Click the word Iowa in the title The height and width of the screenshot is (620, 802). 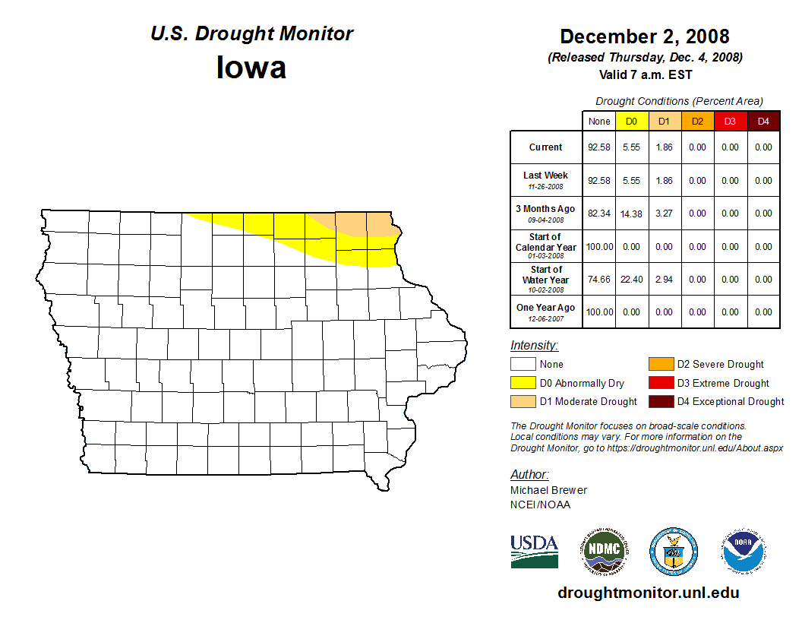(x=251, y=68)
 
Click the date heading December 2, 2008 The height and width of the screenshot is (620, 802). (x=644, y=36)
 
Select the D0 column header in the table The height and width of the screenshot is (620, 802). (x=631, y=121)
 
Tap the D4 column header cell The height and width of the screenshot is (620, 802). (x=763, y=121)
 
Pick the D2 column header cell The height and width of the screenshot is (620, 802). (x=696, y=121)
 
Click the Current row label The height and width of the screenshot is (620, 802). (x=546, y=147)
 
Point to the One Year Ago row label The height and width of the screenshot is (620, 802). (x=546, y=308)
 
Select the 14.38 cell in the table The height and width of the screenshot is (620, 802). (x=631, y=214)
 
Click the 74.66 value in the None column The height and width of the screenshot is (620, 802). (x=599, y=280)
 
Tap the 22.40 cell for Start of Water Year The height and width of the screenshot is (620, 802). (x=631, y=280)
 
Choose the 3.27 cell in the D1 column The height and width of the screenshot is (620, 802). (x=664, y=214)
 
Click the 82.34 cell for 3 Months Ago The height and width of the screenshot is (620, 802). (x=599, y=214)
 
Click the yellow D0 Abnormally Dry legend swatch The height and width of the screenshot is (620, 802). (x=523, y=383)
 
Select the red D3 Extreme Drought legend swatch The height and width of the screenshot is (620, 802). (x=660, y=383)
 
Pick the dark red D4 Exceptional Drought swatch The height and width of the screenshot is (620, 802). (x=660, y=401)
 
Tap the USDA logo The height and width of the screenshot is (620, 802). (x=534, y=551)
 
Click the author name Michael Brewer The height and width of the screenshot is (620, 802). (x=548, y=490)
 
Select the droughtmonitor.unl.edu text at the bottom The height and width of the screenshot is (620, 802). (x=648, y=593)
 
